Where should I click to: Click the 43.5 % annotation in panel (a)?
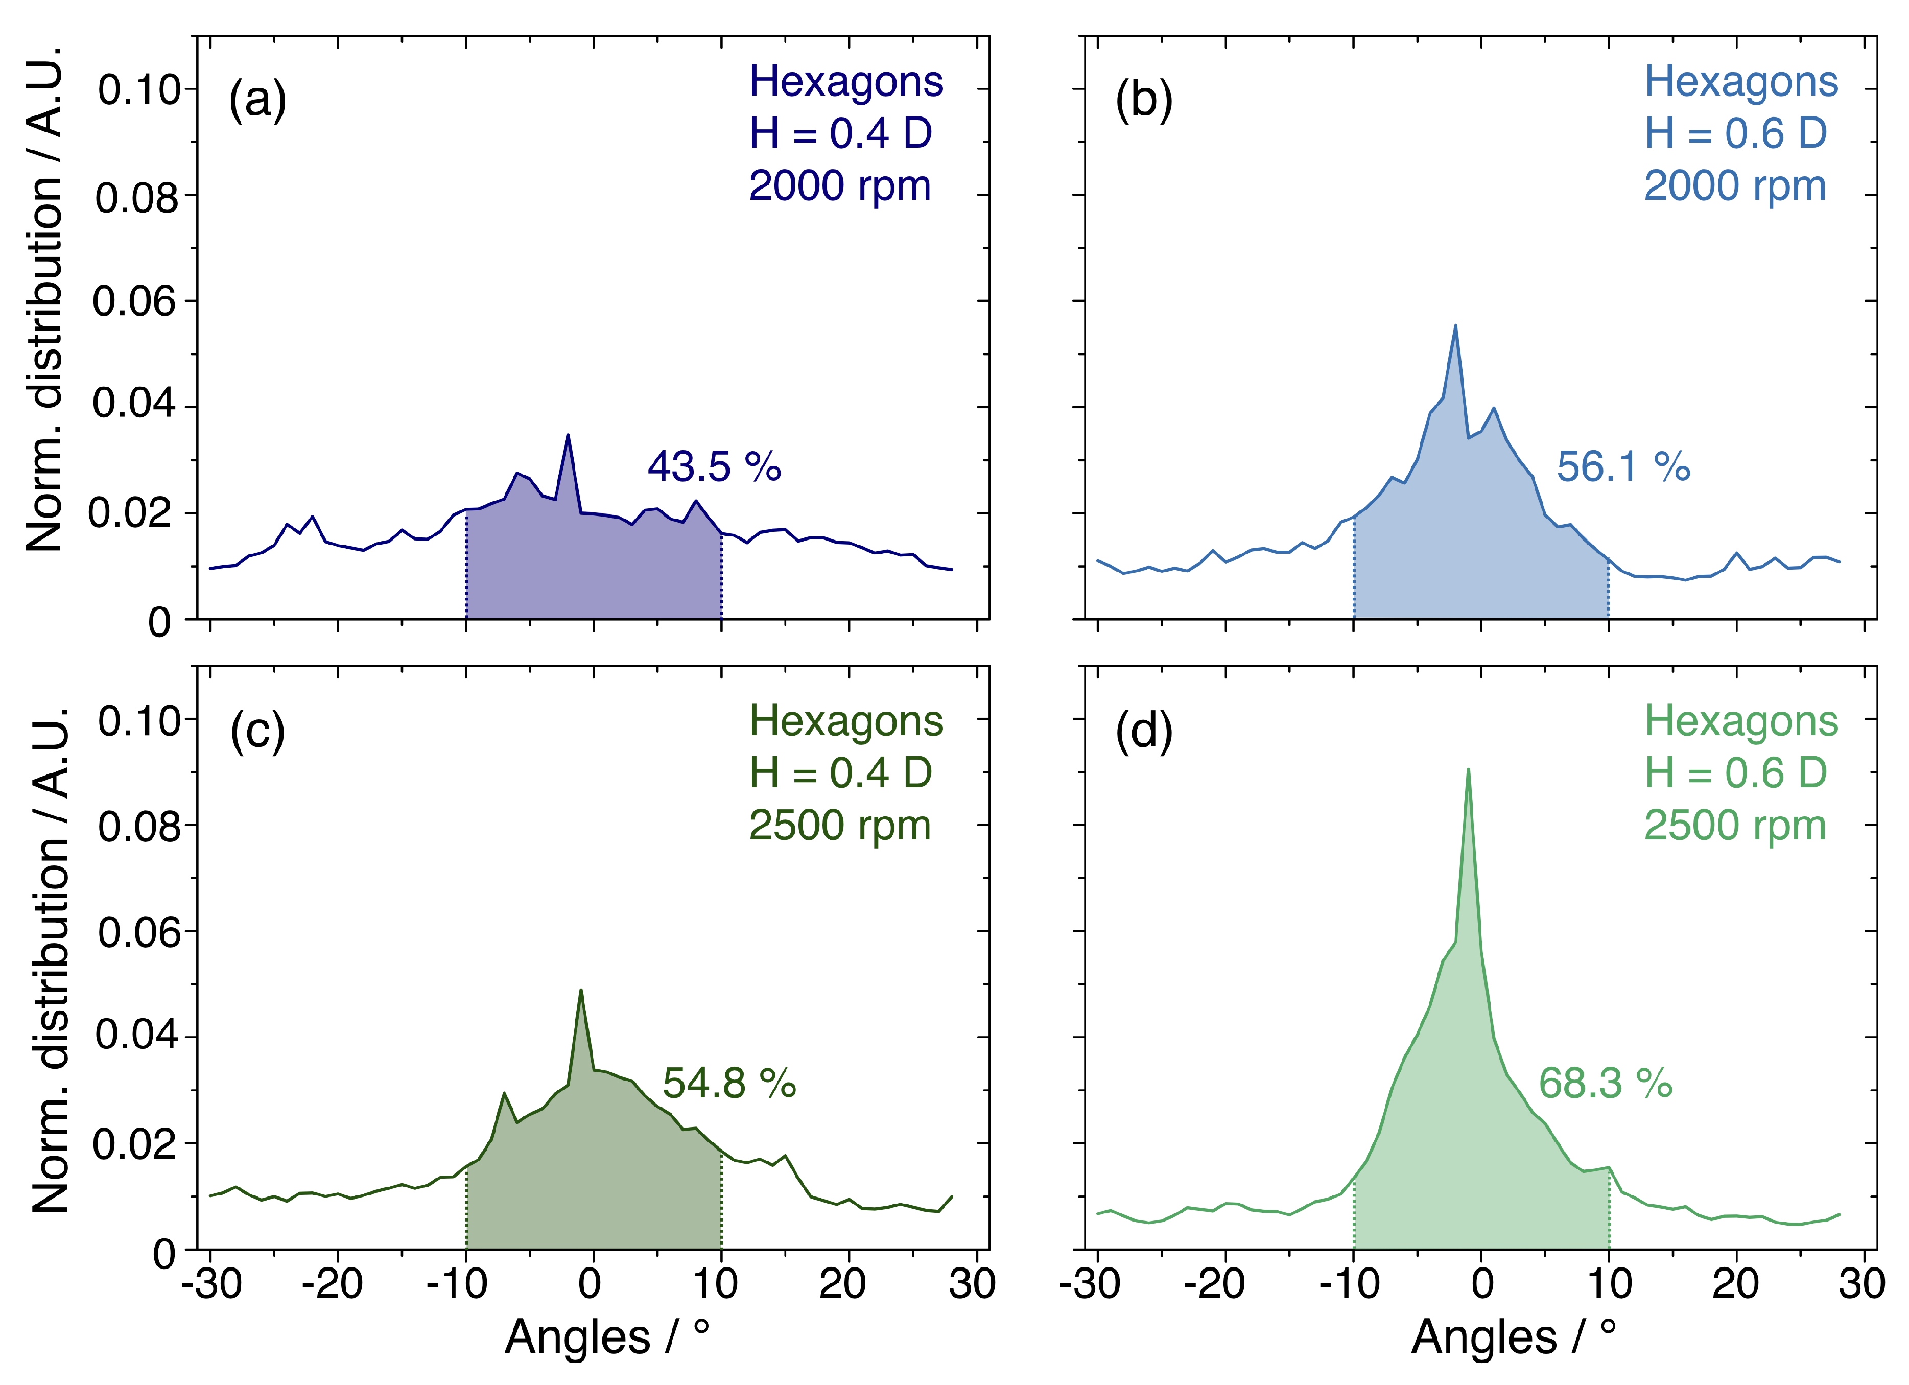click(714, 466)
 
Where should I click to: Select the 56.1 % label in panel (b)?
click(1623, 466)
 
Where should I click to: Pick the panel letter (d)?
click(1144, 731)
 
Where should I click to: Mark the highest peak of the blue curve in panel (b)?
click(1455, 326)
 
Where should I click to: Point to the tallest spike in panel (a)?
click(568, 436)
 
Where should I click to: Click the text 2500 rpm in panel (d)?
click(1735, 826)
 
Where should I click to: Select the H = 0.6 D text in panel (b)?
click(1736, 133)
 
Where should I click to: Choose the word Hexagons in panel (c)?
click(846, 721)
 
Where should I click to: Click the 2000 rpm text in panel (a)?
click(840, 186)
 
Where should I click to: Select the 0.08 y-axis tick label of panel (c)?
click(139, 827)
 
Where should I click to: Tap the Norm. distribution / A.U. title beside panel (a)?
click(44, 299)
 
